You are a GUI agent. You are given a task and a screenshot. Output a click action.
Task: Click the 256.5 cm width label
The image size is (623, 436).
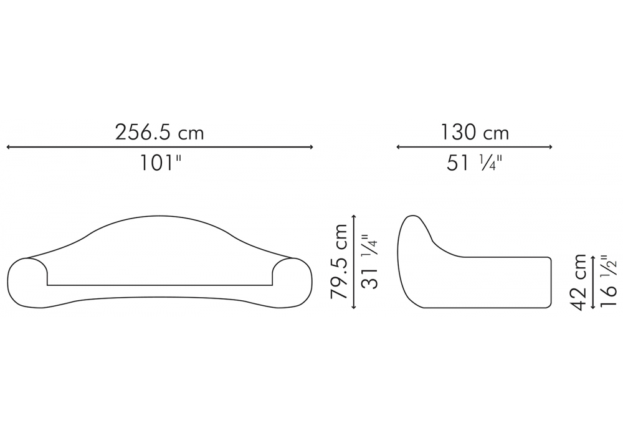(x=159, y=132)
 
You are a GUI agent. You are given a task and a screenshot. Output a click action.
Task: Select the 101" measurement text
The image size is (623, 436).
(x=161, y=163)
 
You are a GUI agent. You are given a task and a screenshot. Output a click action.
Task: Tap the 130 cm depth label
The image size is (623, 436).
(x=475, y=132)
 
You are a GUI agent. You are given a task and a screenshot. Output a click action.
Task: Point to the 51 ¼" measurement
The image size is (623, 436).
(x=474, y=163)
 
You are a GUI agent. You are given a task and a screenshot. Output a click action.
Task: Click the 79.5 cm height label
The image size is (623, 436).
(x=339, y=261)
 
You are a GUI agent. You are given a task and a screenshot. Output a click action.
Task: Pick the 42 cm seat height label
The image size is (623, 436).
(x=578, y=282)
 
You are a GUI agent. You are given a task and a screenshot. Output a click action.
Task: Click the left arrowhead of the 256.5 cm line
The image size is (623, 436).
(x=8, y=148)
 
